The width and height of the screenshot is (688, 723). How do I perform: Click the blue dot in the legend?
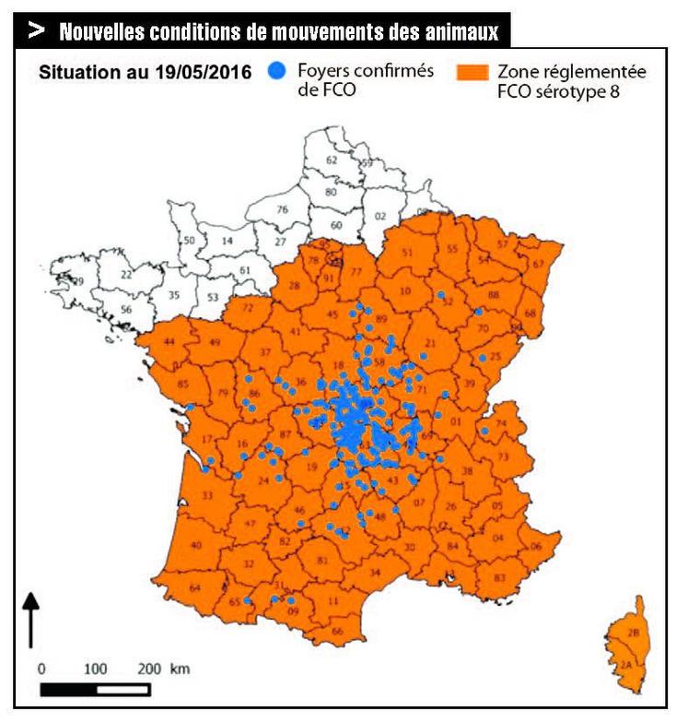(x=274, y=70)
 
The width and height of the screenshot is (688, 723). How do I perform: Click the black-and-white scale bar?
(x=83, y=688)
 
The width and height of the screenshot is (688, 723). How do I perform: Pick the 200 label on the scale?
(x=150, y=668)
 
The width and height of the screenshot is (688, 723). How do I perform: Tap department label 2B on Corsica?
(x=633, y=633)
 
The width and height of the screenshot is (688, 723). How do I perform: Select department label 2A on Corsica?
(x=627, y=664)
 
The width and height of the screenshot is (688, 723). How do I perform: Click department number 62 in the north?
(x=332, y=160)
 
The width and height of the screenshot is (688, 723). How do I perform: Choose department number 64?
(x=194, y=587)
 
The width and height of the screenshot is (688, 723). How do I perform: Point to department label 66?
(x=337, y=631)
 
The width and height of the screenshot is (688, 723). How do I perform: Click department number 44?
(x=169, y=343)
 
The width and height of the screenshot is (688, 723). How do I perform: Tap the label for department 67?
(x=538, y=264)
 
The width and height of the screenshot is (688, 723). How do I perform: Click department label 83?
(x=500, y=576)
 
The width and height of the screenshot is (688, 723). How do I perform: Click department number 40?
(x=195, y=545)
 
